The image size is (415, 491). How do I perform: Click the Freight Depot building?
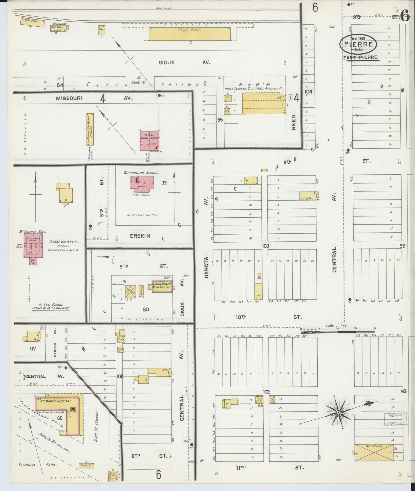[189, 34]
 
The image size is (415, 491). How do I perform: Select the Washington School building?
[142, 184]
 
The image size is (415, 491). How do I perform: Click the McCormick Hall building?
[33, 246]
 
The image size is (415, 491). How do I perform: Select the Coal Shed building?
[32, 22]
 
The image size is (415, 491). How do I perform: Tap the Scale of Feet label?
[337, 325]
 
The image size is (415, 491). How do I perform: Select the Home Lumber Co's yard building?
[261, 103]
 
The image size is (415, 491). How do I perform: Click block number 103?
[265, 246]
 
